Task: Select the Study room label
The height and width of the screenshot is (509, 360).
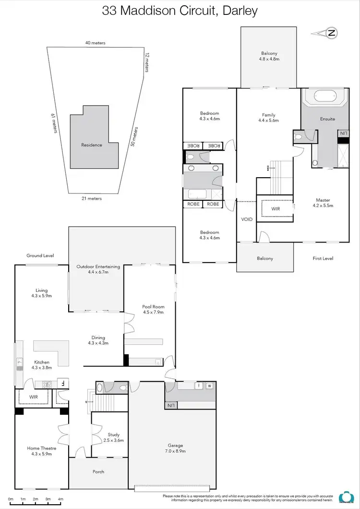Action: [x=113, y=437]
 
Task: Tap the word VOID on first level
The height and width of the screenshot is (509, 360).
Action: [x=247, y=219]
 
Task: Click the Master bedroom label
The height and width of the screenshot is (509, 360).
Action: [x=323, y=203]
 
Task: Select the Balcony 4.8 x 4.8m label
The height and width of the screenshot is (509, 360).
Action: [x=270, y=56]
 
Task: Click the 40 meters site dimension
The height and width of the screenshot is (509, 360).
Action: [x=95, y=43]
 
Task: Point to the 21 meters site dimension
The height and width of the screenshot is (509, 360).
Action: [x=91, y=198]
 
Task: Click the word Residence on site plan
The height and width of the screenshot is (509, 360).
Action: [x=91, y=145]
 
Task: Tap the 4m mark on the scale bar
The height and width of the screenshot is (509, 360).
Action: [x=60, y=499]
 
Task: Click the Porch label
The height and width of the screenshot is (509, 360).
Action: [x=98, y=472]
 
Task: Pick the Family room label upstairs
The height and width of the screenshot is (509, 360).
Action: [x=269, y=118]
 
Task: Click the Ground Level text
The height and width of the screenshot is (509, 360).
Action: [x=40, y=255]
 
